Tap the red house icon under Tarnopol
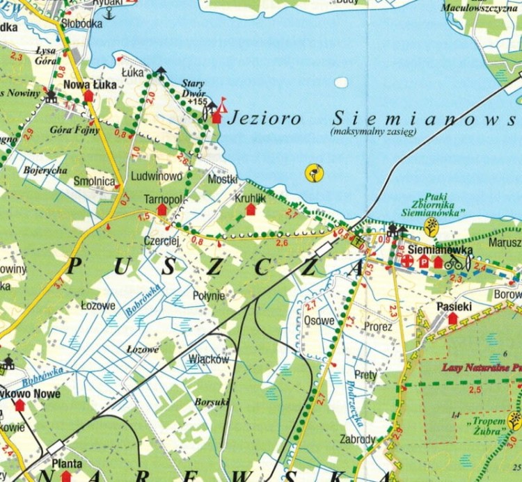click(162, 209)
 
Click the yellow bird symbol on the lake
click(315, 172)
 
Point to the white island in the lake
click(340, 82)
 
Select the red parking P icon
click(424, 262)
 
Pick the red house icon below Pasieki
click(453, 318)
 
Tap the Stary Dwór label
click(193, 86)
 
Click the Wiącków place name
click(209, 360)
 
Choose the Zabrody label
click(357, 439)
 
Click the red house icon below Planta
click(66, 476)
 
